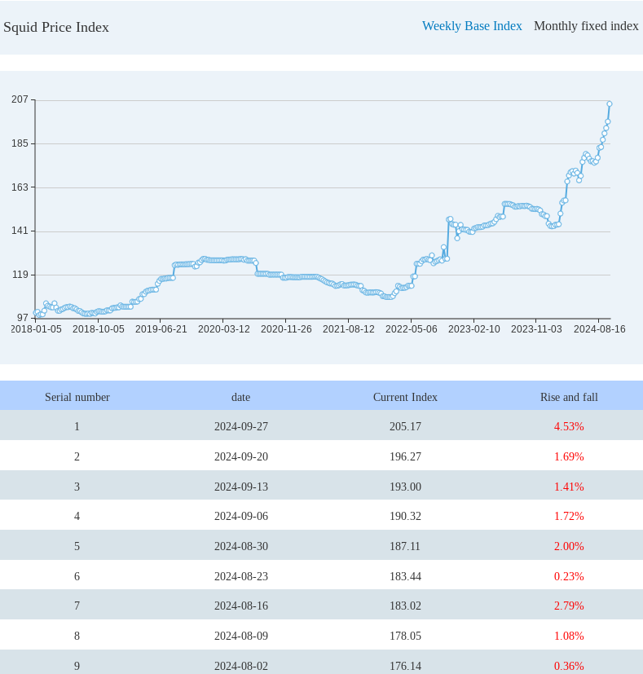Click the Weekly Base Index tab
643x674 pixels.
coord(472,26)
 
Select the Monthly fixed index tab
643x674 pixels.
coord(586,26)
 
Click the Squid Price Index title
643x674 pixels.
coord(56,27)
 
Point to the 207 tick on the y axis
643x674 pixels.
coord(20,99)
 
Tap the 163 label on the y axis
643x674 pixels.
coord(20,187)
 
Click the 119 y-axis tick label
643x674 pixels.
coord(20,275)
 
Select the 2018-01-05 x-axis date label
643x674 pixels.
coord(36,329)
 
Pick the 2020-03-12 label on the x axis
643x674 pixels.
coord(223,329)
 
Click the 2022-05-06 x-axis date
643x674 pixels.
coord(411,329)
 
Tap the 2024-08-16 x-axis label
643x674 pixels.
coord(599,329)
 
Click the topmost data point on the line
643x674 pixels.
coord(609,104)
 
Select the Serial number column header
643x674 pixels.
coord(77,397)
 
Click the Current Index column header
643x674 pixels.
coord(405,397)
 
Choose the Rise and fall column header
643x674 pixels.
coord(569,397)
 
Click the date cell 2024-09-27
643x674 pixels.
coord(241,426)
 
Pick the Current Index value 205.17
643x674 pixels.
coord(405,426)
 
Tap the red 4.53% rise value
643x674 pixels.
coord(569,426)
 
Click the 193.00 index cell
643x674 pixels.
coord(405,487)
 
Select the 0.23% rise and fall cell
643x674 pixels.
coord(569,576)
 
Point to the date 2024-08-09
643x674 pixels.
coord(241,636)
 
